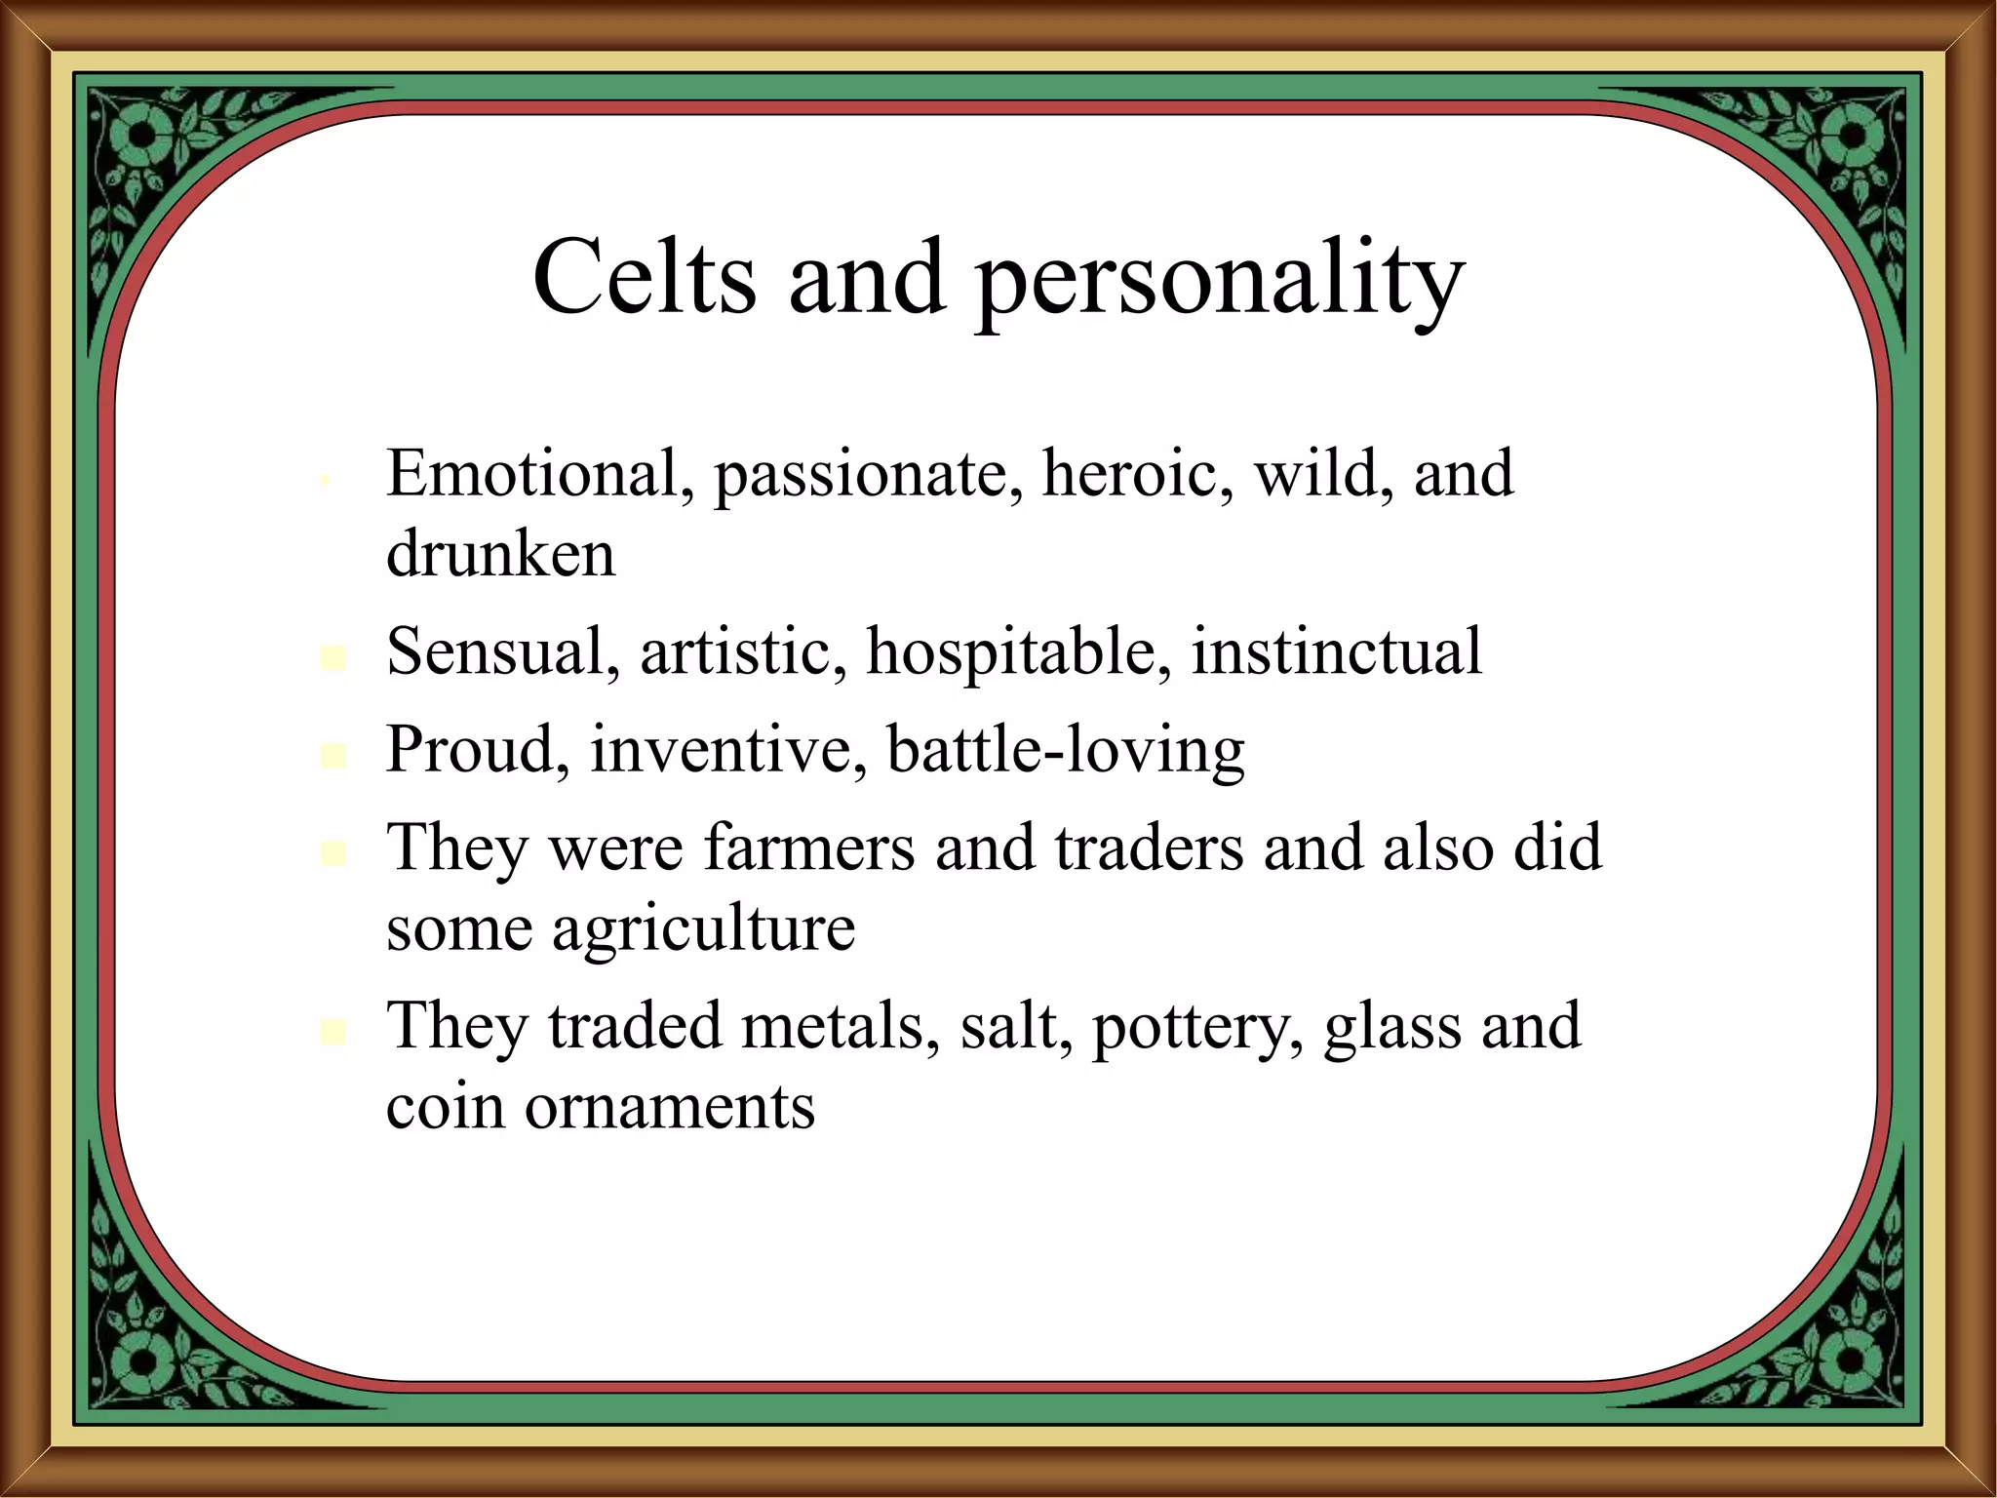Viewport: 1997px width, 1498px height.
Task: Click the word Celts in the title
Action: (645, 278)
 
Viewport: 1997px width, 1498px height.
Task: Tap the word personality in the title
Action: (1220, 283)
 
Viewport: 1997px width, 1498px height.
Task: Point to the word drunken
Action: (500, 554)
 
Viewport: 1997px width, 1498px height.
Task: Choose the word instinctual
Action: (1337, 651)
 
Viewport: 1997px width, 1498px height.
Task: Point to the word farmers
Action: (808, 847)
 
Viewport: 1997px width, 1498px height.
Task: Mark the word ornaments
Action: (669, 1107)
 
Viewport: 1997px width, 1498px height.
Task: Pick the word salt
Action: (1008, 1026)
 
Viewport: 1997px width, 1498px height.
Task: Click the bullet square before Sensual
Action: (333, 658)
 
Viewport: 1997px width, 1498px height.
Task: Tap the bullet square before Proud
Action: (333, 756)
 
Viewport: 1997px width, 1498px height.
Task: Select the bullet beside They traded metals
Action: (333, 1032)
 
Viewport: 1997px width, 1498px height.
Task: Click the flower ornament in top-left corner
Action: (140, 137)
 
